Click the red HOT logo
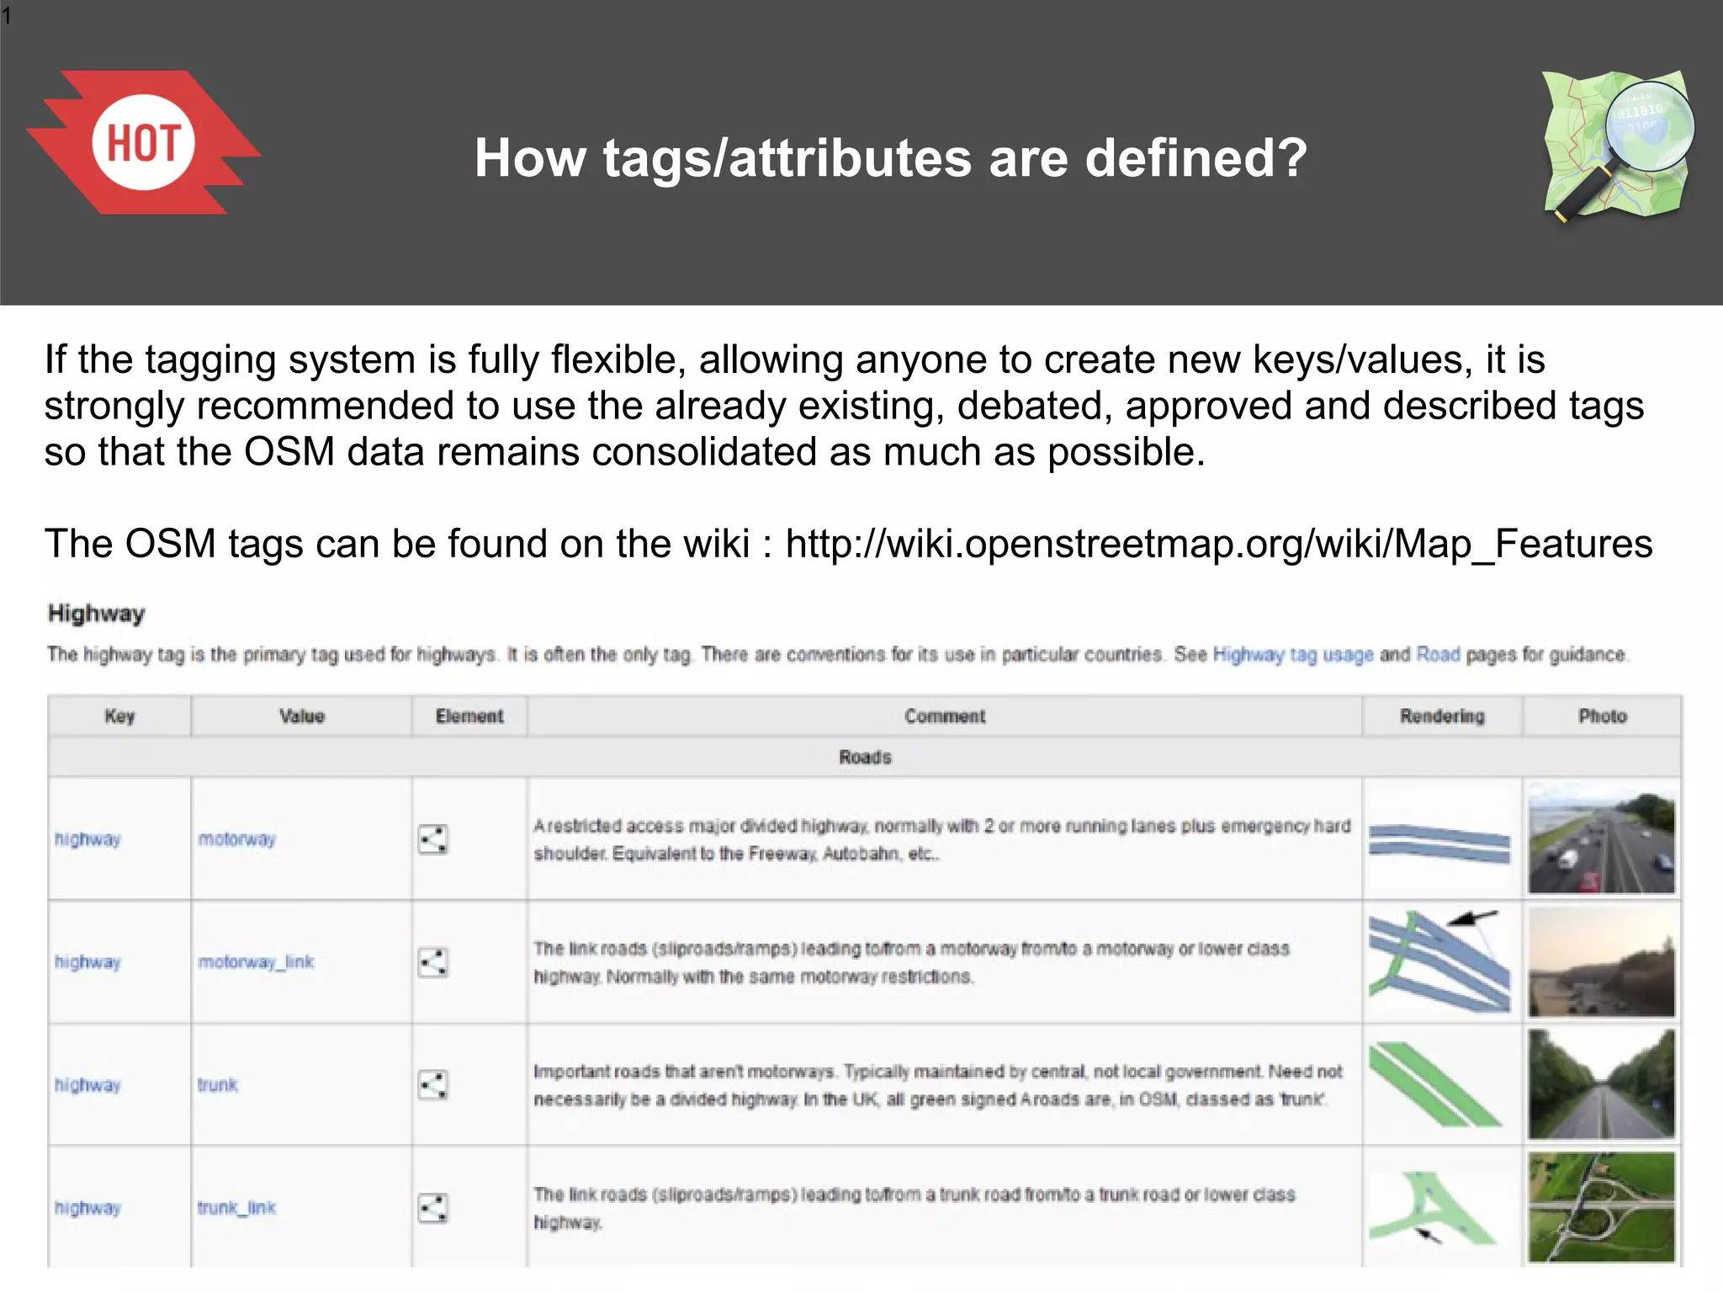(x=143, y=142)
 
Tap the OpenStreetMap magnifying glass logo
(x=1617, y=145)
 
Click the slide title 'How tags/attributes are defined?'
(x=890, y=158)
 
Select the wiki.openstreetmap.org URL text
(x=1218, y=544)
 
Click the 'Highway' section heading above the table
(x=96, y=614)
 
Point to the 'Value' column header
(x=301, y=716)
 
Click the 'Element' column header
(x=469, y=716)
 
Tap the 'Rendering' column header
(x=1442, y=716)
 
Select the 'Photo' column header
(x=1602, y=716)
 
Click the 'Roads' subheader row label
(x=864, y=757)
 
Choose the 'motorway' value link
(x=236, y=839)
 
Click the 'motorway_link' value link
(x=256, y=962)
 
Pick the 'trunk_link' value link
(x=236, y=1208)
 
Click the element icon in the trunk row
(x=433, y=1085)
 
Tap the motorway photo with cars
(x=1601, y=838)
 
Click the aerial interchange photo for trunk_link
(x=1601, y=1207)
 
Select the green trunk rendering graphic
(x=1434, y=1084)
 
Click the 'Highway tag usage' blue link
(x=1292, y=655)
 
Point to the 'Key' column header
(x=119, y=716)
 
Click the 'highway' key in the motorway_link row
(x=87, y=962)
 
